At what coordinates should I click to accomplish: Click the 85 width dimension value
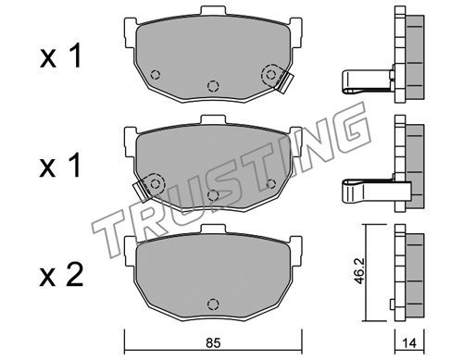[x=213, y=342]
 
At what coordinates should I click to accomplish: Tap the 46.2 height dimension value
[x=359, y=271]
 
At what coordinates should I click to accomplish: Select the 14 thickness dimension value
[x=409, y=343]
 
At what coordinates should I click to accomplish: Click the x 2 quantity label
[x=61, y=275]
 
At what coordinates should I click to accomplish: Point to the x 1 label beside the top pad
[x=60, y=56]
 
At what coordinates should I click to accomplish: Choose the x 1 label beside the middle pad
[x=60, y=166]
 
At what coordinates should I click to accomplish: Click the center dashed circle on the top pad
[x=213, y=86]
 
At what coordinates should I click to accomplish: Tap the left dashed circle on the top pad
[x=155, y=74]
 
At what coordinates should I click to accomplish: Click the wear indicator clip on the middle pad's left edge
[x=142, y=191]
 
